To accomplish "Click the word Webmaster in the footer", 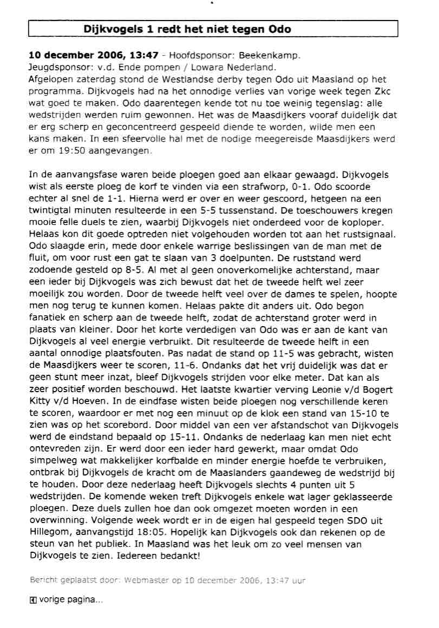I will click(146, 580).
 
